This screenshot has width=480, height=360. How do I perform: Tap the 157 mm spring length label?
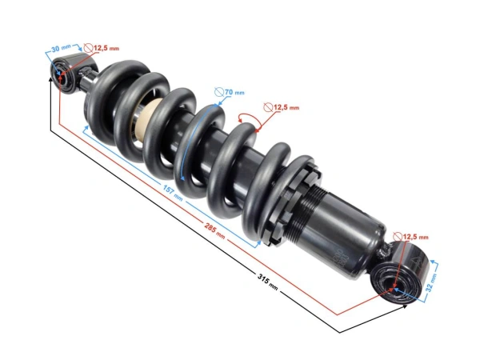click(172, 192)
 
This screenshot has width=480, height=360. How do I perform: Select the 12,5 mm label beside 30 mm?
click(106, 49)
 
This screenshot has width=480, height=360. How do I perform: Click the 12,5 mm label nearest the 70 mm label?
click(286, 107)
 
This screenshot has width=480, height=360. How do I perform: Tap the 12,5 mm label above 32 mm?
click(414, 238)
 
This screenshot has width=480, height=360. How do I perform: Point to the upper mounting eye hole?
click(62, 77)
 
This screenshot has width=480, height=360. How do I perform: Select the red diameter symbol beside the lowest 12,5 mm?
click(398, 238)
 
